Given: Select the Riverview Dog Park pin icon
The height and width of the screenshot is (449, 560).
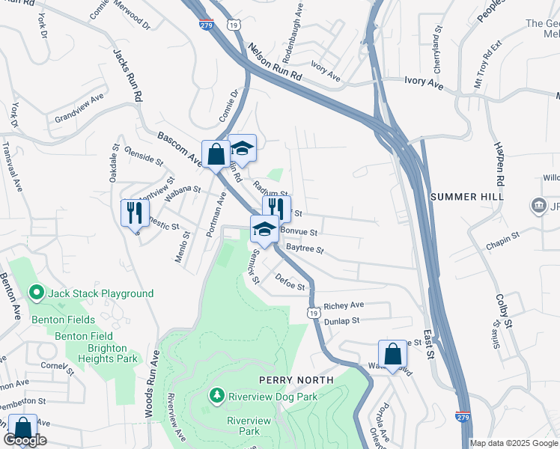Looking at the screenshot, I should click(x=216, y=394).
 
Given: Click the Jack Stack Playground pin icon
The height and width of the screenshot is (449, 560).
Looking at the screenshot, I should click(x=34, y=293).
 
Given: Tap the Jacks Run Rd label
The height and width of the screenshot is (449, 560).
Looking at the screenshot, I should click(x=127, y=76).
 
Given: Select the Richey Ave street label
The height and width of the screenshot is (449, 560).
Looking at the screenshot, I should click(x=344, y=305).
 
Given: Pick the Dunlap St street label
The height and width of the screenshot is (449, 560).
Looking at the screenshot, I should click(x=342, y=320).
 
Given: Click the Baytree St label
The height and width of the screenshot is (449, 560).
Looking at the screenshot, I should click(x=305, y=248).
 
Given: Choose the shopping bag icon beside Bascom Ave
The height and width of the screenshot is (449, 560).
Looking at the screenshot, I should click(x=216, y=155).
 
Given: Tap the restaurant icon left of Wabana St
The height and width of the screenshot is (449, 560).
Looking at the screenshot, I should click(x=134, y=212).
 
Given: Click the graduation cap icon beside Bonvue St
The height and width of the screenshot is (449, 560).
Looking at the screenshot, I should click(x=264, y=230).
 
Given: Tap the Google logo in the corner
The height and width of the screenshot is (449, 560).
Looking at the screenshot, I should click(x=25, y=440).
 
